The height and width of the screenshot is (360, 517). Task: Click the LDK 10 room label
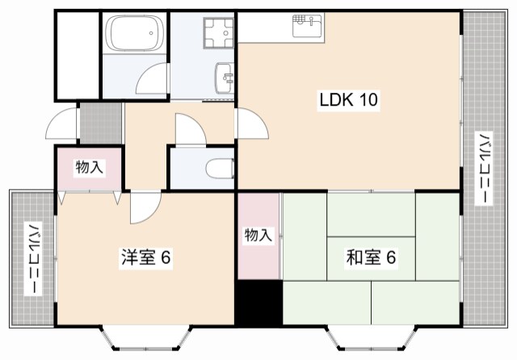coord(347,101)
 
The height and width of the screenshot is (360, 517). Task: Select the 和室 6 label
coord(371,258)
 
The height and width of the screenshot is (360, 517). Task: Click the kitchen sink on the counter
coord(307,25)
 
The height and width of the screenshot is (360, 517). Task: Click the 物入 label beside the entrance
coord(89,168)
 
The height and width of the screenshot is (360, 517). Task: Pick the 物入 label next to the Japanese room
coord(258,236)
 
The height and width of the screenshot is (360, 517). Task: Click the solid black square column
coord(258,301)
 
